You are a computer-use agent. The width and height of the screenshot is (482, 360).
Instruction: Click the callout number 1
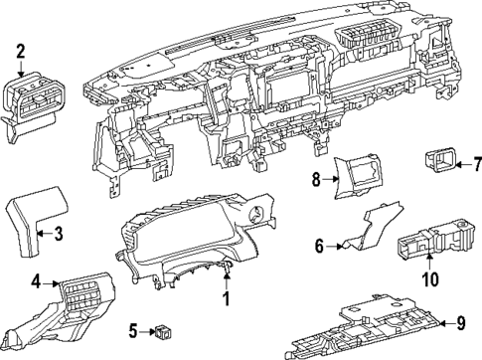[x=226, y=297]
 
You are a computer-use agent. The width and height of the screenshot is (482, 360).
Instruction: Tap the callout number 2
[x=21, y=50]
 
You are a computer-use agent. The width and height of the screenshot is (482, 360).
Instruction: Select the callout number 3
[x=59, y=235]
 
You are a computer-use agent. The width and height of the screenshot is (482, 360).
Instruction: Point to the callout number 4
[x=35, y=283]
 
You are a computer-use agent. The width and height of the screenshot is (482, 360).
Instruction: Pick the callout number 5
[x=132, y=330]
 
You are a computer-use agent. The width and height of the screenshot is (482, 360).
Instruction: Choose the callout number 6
[x=321, y=245]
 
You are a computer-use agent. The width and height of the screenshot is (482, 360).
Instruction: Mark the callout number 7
[x=476, y=163]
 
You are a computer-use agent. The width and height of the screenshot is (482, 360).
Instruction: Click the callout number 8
[x=317, y=180]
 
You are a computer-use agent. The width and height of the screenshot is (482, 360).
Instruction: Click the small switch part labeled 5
[x=162, y=329]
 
